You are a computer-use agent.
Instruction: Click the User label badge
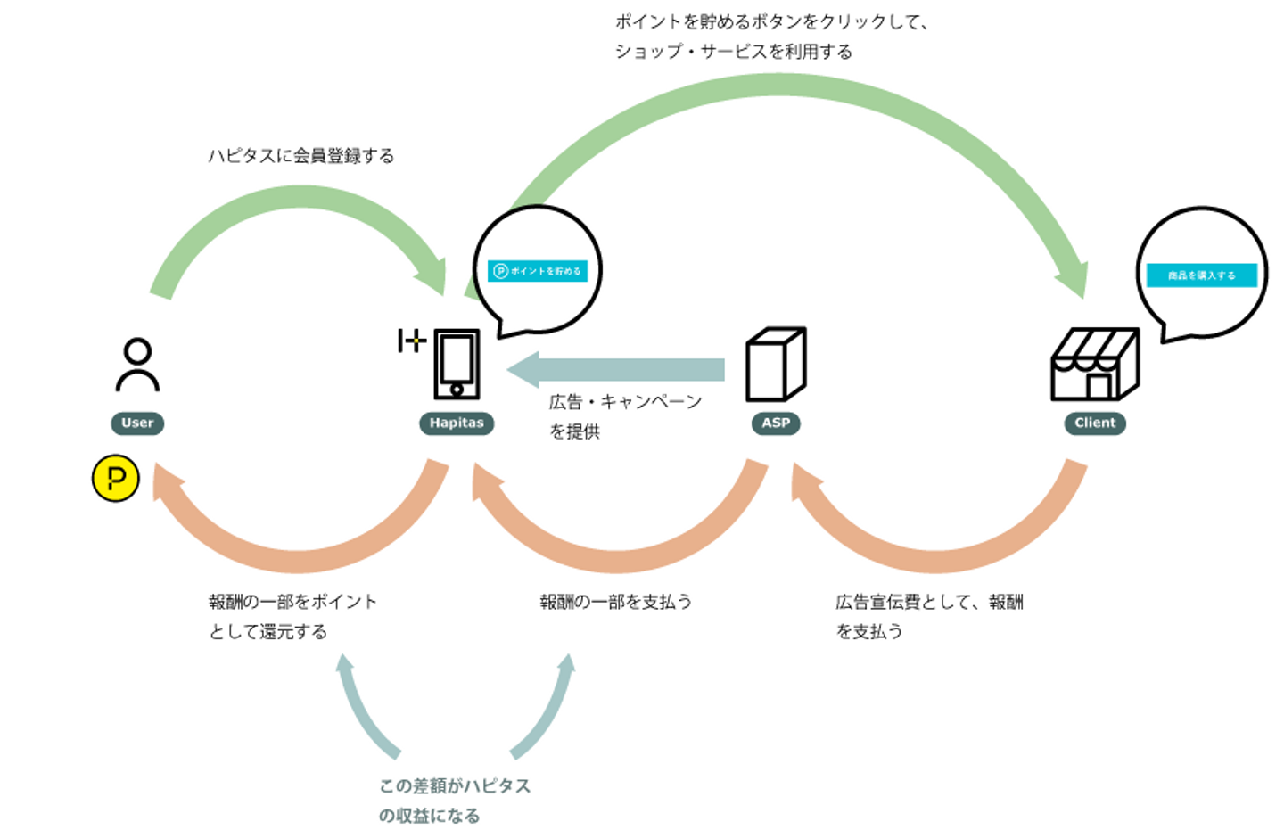[x=137, y=423]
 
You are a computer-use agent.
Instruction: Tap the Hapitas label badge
[x=457, y=423]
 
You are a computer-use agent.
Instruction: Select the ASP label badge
[x=776, y=423]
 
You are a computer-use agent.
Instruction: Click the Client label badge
[x=1095, y=423]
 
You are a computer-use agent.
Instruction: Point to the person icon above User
[x=137, y=365]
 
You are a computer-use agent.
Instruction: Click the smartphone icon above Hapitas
[x=457, y=365]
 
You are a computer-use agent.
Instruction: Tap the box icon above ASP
[x=776, y=365]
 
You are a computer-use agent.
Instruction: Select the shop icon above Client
[x=1094, y=365]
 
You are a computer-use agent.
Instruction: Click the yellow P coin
[x=116, y=479]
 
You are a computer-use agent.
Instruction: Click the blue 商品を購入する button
[x=1201, y=275]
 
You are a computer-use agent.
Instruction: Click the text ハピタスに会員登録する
[x=301, y=156]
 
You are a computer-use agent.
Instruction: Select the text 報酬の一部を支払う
[x=616, y=602]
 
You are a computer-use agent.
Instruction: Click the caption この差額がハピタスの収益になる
[x=454, y=801]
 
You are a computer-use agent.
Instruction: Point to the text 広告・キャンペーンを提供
[x=625, y=416]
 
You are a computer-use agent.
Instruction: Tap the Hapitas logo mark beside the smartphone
[x=411, y=341]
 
